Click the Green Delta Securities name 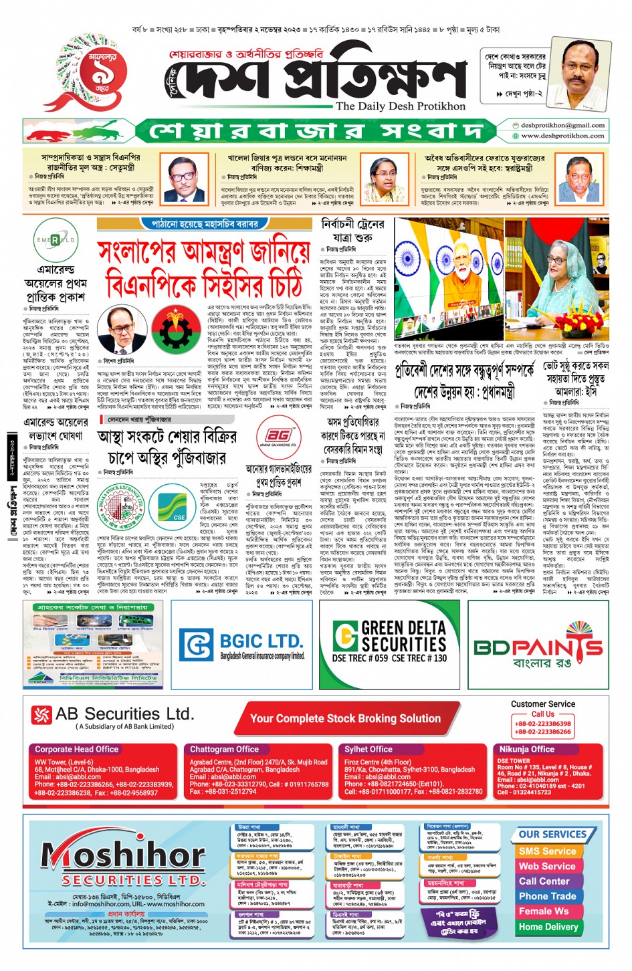404,636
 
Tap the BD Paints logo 538,646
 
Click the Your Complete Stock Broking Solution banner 345,719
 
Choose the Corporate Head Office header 77,750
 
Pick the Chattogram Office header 225,750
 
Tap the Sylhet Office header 368,750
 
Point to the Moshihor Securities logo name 114,856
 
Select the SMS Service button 547,851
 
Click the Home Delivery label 548,927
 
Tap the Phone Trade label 547,896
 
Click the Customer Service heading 542,704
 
